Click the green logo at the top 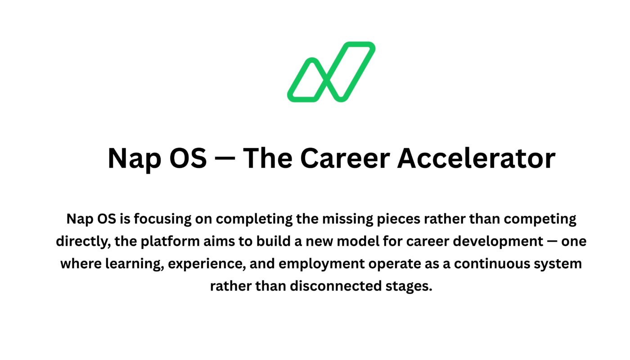point(331,72)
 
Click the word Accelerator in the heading point(476,158)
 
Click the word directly point(83,242)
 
